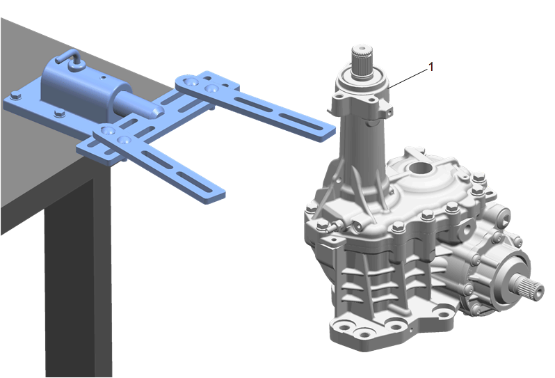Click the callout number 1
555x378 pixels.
click(431, 67)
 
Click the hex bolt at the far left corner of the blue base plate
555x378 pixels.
click(15, 95)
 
